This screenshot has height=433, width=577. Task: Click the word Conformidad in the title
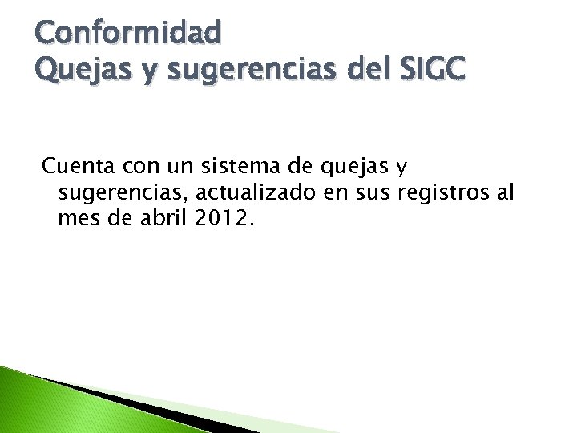tap(128, 33)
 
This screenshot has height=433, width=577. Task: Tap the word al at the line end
tap(505, 192)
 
